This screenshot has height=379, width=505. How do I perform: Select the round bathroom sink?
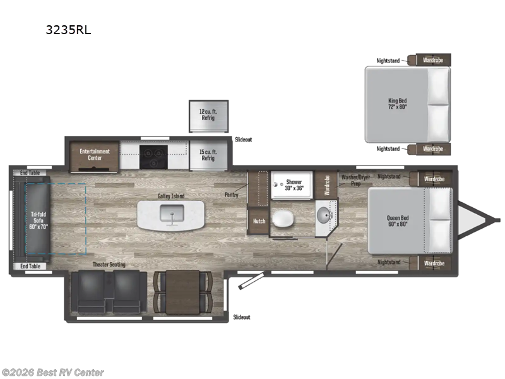[323, 216]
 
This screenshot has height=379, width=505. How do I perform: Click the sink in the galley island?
[171, 217]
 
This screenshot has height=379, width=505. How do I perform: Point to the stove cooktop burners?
[153, 155]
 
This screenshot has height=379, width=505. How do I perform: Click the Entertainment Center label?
[95, 154]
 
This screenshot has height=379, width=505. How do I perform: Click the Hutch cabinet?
[259, 221]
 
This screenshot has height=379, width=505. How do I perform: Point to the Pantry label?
[231, 195]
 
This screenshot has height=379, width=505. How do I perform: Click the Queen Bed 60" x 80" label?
[397, 222]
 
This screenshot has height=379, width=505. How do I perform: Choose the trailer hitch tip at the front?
[497, 220]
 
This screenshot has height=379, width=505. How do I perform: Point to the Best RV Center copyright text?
[53, 373]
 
